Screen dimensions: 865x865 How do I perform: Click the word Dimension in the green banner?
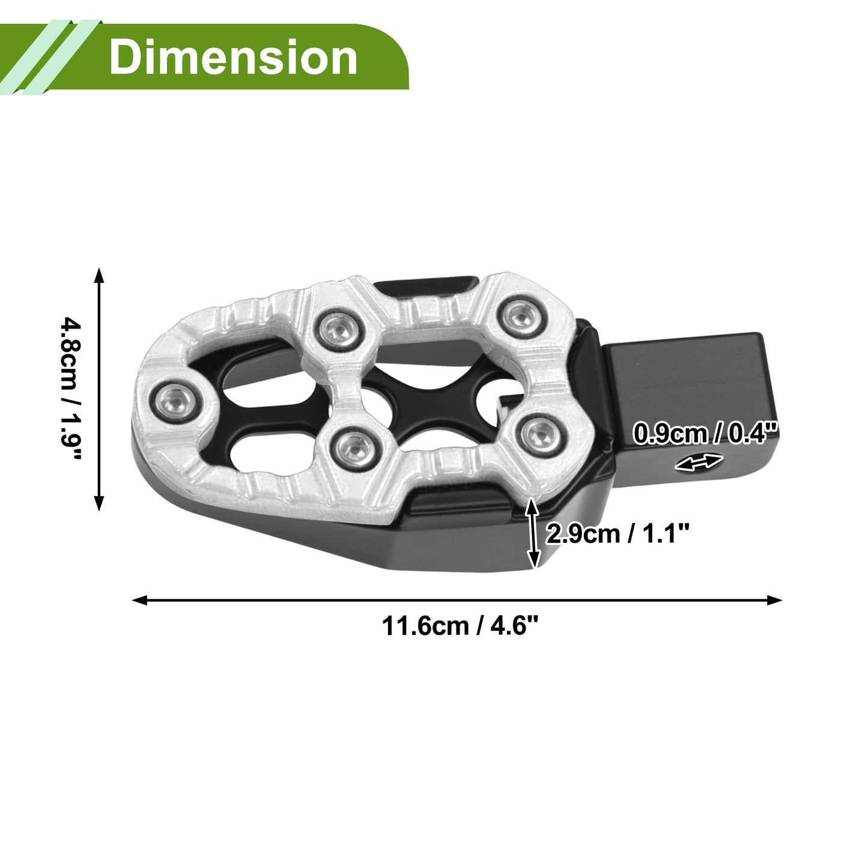tap(233, 57)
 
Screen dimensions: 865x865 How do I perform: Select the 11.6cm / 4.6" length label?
tap(460, 626)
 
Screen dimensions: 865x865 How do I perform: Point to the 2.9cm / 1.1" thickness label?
tap(618, 534)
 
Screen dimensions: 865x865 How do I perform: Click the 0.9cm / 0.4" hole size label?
tap(705, 434)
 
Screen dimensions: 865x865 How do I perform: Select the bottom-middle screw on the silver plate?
tap(354, 447)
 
